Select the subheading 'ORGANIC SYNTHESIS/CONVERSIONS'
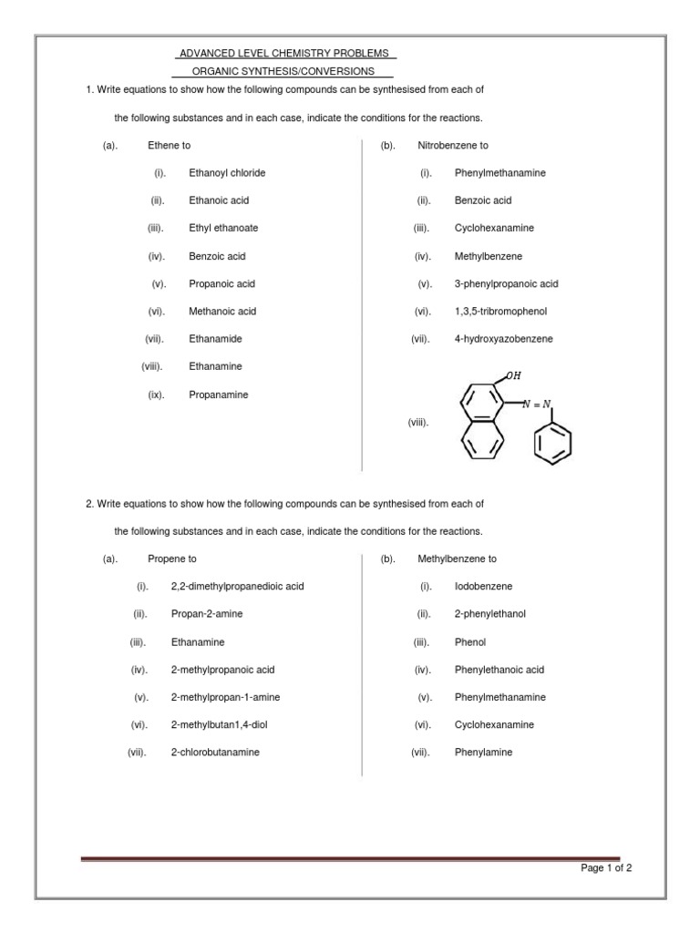pyautogui.click(x=283, y=71)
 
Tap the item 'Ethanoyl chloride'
pyautogui.click(x=227, y=172)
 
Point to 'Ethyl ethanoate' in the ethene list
pyautogui.click(x=222, y=228)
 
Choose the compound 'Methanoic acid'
pyautogui.click(x=222, y=311)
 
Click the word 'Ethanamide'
pyautogui.click(x=215, y=338)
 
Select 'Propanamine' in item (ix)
pyautogui.click(x=218, y=395)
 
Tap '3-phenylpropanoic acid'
pyautogui.click(x=506, y=283)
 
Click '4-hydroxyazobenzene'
pyautogui.click(x=503, y=338)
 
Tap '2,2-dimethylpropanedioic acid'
pyautogui.click(x=237, y=586)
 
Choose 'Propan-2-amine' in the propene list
pyautogui.click(x=207, y=614)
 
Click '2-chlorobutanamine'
pyautogui.click(x=215, y=752)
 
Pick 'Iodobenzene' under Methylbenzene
pyautogui.click(x=483, y=586)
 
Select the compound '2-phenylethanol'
pyautogui.click(x=489, y=614)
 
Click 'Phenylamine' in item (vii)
pyautogui.click(x=483, y=752)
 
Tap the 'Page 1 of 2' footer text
pyautogui.click(x=606, y=867)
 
